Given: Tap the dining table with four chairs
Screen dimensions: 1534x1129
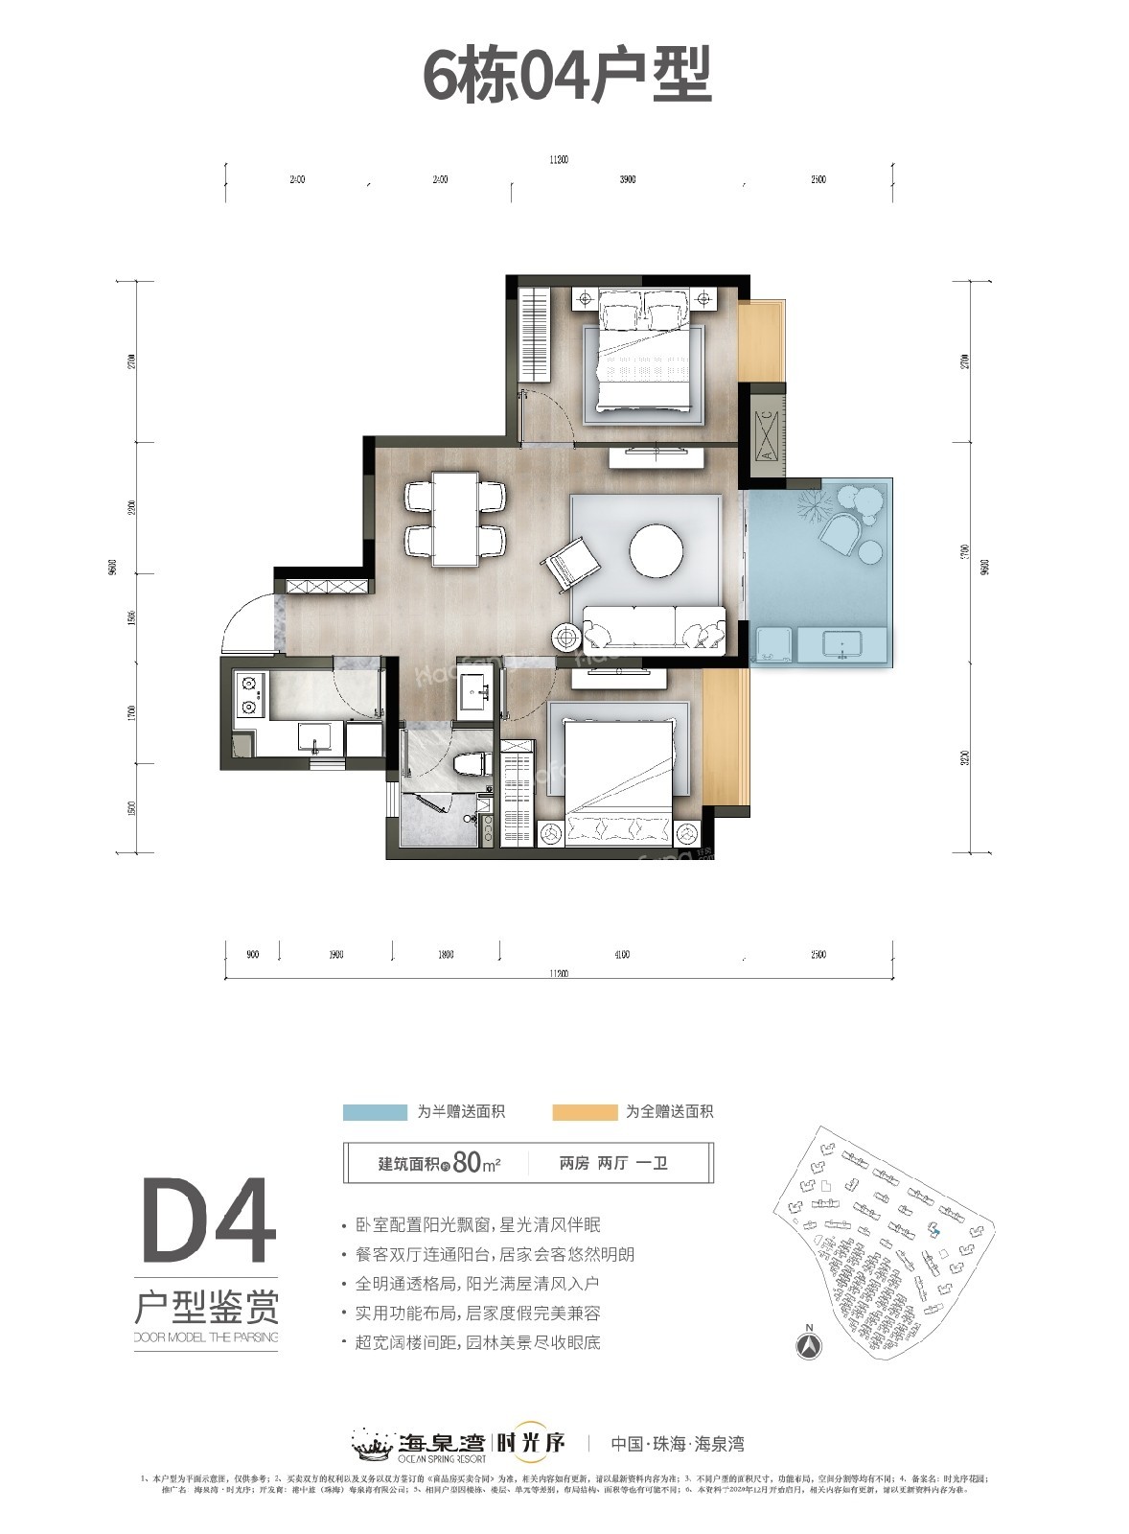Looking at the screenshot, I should (x=456, y=520).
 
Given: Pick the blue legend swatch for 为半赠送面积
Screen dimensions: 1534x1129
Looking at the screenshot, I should (x=375, y=1112).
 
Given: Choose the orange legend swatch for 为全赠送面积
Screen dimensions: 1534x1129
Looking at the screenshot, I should (x=585, y=1112).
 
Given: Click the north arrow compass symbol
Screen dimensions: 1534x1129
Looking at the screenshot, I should (x=809, y=1344).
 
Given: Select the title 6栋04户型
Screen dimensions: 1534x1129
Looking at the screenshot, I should (x=567, y=77).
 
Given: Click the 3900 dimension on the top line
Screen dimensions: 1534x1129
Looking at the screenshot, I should (x=628, y=180).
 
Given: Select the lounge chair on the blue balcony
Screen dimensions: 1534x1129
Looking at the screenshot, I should (x=841, y=530).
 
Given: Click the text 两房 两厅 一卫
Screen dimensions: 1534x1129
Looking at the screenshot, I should (x=613, y=1164).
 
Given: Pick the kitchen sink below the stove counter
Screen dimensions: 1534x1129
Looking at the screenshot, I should (x=314, y=737).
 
